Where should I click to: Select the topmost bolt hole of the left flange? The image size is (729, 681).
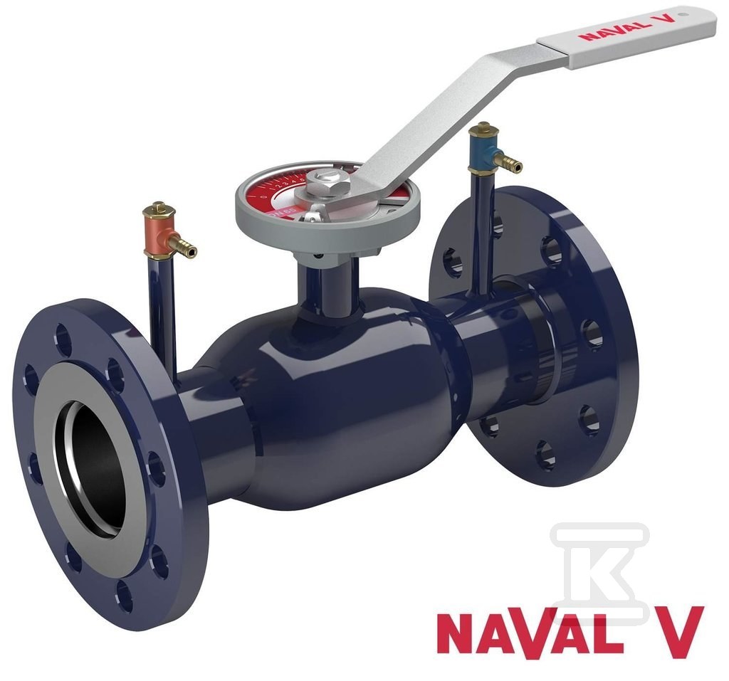[x=63, y=339]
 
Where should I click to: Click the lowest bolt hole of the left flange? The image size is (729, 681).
[x=125, y=596]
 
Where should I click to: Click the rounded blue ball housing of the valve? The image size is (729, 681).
[x=342, y=398]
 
